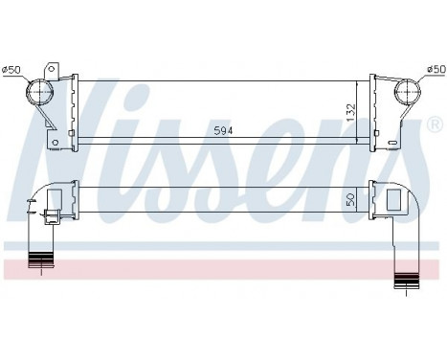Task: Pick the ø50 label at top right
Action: click(x=436, y=69)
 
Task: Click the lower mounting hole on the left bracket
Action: click(x=56, y=145)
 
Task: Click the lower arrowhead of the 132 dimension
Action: click(x=357, y=141)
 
